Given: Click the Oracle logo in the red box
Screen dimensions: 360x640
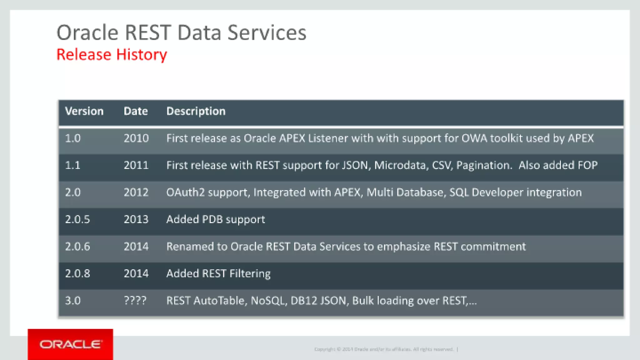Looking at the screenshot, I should tap(70, 344).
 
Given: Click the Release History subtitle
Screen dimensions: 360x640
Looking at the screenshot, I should tap(112, 55).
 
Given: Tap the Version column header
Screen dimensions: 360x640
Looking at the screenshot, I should tap(84, 111).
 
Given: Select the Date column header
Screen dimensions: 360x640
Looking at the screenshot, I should tap(136, 111).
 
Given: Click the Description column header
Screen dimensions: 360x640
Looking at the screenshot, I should tap(196, 111).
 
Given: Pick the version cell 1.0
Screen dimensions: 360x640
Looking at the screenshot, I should tap(73, 138).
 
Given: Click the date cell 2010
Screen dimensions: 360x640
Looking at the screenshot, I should tap(136, 138).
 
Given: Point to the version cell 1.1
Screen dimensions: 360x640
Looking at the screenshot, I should tap(73, 165).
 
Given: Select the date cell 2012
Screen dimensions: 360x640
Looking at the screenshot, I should tap(136, 192).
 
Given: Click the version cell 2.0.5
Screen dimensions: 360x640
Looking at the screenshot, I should tap(77, 219).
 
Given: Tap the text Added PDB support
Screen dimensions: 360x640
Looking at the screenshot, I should tap(216, 219).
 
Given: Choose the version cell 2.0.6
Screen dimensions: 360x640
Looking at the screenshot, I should tap(77, 247).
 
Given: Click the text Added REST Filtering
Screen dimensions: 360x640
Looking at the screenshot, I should tap(218, 273).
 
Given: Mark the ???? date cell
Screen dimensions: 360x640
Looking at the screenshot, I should tap(135, 301).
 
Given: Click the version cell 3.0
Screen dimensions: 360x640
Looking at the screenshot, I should tap(73, 301).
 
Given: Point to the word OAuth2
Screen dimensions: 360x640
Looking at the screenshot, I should tap(185, 192).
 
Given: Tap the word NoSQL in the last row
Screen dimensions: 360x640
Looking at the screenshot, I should tap(268, 301).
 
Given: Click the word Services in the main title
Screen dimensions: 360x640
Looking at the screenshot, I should tap(267, 33).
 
